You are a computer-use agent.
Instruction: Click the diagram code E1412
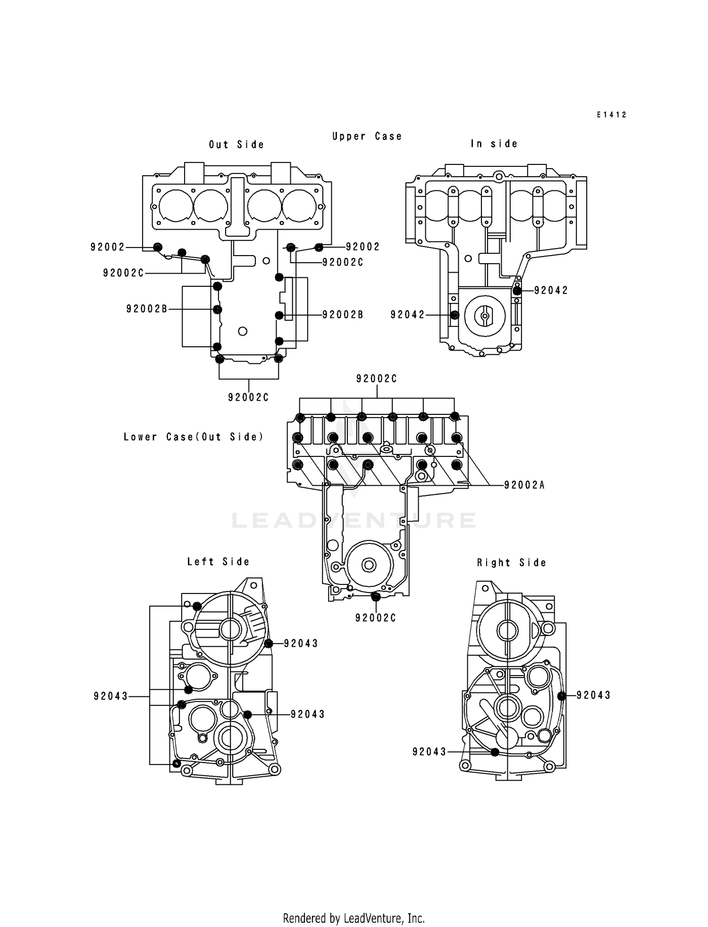(611, 115)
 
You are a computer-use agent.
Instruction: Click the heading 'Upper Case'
(367, 137)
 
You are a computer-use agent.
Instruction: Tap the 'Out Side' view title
(236, 145)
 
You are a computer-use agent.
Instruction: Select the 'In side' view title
(494, 144)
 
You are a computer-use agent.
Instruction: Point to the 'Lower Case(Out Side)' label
(194, 437)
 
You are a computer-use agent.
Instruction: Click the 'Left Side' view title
(218, 562)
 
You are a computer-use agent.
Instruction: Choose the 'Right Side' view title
(512, 563)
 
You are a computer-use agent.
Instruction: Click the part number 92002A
(524, 485)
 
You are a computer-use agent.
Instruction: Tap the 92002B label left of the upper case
(147, 309)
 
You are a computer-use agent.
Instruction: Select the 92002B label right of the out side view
(343, 315)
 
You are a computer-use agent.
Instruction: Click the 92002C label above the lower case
(377, 379)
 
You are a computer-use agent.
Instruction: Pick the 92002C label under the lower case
(376, 618)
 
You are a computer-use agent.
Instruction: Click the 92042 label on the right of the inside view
(551, 291)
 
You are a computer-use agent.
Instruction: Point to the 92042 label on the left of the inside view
(408, 315)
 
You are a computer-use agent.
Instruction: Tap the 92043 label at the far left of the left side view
(111, 696)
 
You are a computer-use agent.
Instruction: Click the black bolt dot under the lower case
(376, 597)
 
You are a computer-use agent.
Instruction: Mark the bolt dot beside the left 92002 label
(158, 247)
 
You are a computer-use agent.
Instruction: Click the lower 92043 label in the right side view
(429, 752)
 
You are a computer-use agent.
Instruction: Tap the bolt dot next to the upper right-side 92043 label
(562, 696)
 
